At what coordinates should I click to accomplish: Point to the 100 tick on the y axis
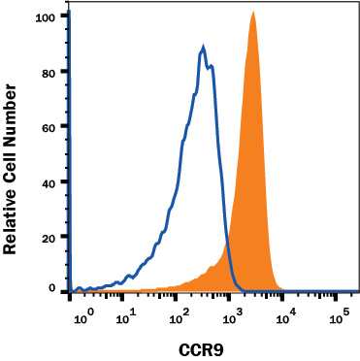(45, 16)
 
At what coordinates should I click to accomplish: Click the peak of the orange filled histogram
(252, 14)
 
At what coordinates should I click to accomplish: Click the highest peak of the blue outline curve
(203, 47)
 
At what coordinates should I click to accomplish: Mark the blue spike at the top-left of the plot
(71, 19)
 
